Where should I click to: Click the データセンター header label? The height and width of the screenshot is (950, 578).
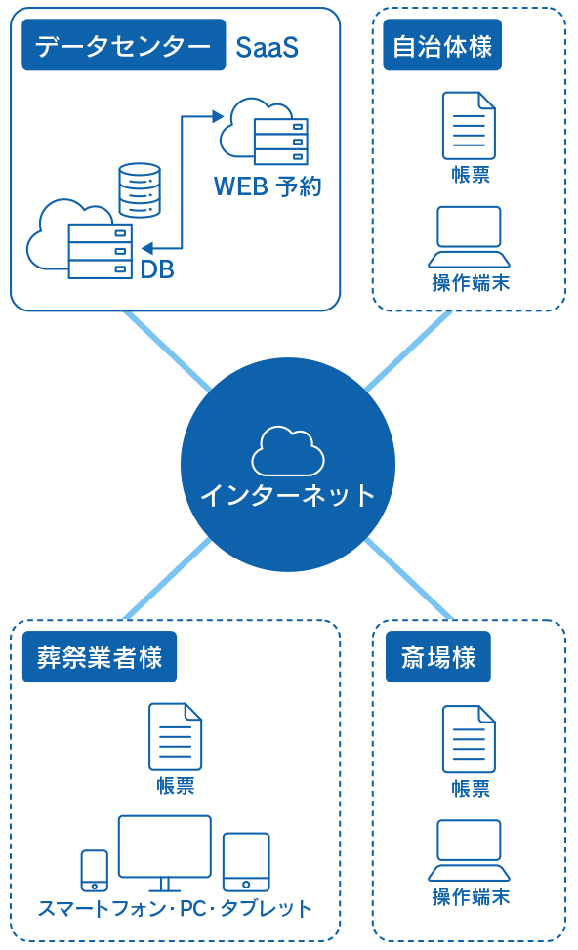click(x=124, y=45)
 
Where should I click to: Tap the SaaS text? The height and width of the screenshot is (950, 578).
click(x=268, y=47)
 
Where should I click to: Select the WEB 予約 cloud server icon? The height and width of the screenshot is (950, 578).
click(x=265, y=132)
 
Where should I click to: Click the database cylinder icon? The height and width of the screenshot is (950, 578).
click(x=140, y=189)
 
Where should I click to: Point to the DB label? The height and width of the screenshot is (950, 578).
click(x=157, y=269)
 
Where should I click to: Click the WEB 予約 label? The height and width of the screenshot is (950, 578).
click(x=268, y=186)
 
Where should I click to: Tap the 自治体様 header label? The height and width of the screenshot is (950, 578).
click(x=442, y=45)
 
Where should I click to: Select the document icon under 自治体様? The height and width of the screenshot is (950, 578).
click(x=469, y=125)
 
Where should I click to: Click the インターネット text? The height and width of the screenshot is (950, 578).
click(x=288, y=495)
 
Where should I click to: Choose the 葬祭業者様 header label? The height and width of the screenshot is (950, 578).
click(x=100, y=657)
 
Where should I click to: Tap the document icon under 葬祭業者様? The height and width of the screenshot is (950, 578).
click(x=175, y=737)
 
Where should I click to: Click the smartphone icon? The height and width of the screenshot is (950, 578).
click(x=95, y=871)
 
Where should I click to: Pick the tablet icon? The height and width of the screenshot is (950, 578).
click(x=246, y=862)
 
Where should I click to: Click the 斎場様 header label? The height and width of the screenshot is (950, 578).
click(x=438, y=657)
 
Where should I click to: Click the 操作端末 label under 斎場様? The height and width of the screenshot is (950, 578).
click(x=471, y=896)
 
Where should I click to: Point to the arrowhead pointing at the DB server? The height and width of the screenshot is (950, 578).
click(x=147, y=248)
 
